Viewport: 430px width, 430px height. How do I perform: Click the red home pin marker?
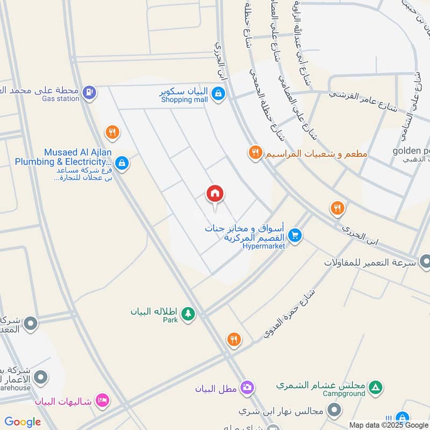[x=215, y=194]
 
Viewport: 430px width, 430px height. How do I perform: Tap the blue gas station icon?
[x=90, y=92]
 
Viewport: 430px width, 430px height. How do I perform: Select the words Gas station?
[x=60, y=99]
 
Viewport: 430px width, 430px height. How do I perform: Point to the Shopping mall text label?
[x=184, y=100]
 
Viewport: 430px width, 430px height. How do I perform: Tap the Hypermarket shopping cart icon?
[x=294, y=235]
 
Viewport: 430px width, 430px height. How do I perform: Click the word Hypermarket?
[x=263, y=246]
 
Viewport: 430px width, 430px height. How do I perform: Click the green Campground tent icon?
[x=377, y=386]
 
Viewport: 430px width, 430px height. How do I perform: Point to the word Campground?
[x=344, y=394]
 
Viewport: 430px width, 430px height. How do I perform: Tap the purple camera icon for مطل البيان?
[x=247, y=387]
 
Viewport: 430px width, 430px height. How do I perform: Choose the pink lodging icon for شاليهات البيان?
[x=102, y=400]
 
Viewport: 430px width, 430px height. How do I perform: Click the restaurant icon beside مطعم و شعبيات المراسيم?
[x=255, y=154]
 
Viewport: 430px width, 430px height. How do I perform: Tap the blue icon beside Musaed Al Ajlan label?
[x=122, y=162]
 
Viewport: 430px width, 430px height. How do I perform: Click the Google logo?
[x=23, y=422]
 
